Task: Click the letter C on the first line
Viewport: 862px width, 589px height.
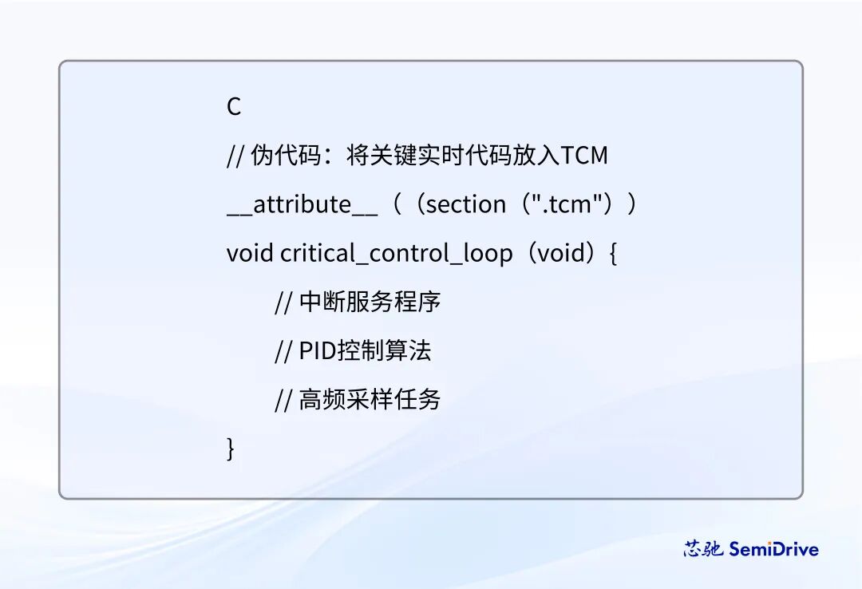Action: (234, 107)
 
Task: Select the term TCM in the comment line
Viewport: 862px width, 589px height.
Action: (585, 156)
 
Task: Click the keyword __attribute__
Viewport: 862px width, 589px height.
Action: (302, 205)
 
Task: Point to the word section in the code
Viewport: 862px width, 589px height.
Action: (466, 205)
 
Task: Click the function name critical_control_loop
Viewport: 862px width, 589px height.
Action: (397, 254)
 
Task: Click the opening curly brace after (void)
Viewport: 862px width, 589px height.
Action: (613, 255)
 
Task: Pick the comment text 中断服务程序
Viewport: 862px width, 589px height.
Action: (370, 302)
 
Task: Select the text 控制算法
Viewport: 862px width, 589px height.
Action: (385, 351)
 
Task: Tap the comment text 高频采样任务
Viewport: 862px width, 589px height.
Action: (370, 400)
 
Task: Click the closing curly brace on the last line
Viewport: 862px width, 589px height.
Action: (231, 449)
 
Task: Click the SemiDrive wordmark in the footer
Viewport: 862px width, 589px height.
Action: (773, 549)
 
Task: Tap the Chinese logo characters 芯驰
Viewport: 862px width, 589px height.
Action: (703, 549)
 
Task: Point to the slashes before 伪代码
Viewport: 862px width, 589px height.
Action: (235, 156)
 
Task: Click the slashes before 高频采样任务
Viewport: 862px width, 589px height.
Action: (283, 400)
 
